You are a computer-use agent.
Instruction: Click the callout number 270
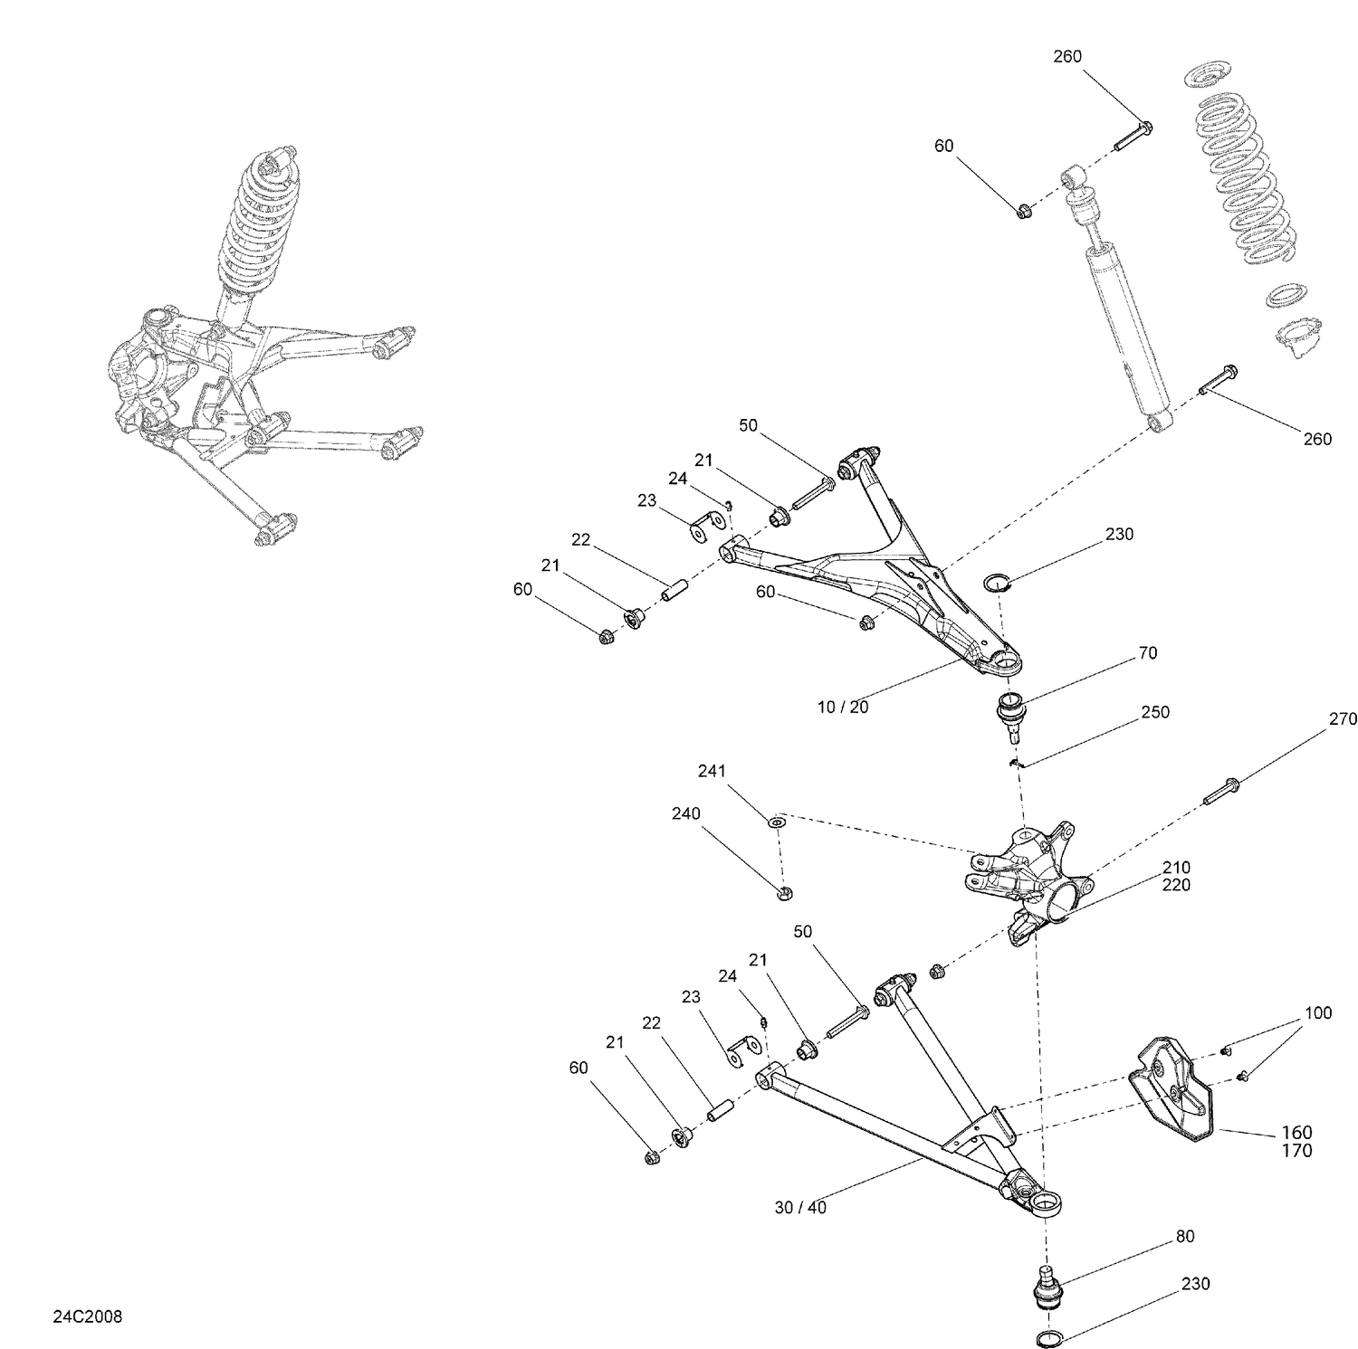[x=1343, y=719]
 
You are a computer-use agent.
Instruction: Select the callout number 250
[x=1155, y=712]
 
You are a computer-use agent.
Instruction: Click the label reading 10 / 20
[x=843, y=708]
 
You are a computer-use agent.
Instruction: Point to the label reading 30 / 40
[x=800, y=1207]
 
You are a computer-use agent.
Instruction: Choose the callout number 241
[x=712, y=771]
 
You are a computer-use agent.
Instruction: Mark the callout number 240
[x=685, y=813]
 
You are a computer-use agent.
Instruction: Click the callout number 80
[x=1185, y=1236]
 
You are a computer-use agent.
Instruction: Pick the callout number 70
[x=1147, y=652]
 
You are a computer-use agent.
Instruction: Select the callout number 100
[x=1318, y=1012]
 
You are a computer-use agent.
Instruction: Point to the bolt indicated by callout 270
[x=1221, y=790]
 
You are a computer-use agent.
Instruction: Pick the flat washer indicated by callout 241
[x=777, y=822]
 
